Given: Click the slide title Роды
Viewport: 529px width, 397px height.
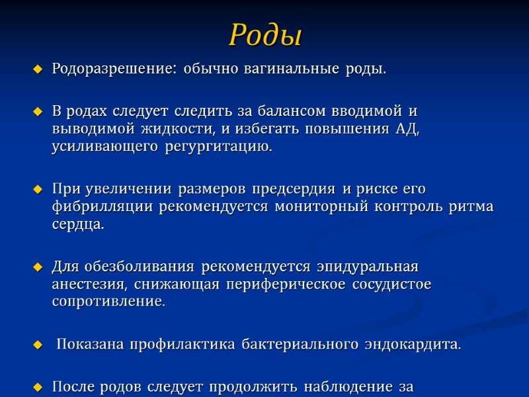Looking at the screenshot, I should pos(264,34).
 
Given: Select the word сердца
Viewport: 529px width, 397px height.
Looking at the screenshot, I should pos(78,225).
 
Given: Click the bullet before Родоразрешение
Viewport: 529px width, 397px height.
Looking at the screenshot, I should pos(37,69).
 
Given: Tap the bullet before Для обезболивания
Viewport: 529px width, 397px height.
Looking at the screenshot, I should pos(37,267).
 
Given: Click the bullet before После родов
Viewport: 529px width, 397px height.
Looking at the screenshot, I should pos(37,386).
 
